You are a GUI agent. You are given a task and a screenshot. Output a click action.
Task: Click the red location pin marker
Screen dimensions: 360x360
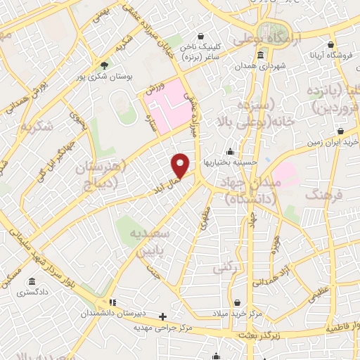[181, 165]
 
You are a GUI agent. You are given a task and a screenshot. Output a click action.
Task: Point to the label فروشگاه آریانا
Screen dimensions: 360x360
[334, 55]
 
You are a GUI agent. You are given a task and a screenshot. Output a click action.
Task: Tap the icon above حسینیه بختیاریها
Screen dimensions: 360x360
[230, 151]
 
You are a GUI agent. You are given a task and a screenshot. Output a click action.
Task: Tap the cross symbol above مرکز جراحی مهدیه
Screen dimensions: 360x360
[163, 316]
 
